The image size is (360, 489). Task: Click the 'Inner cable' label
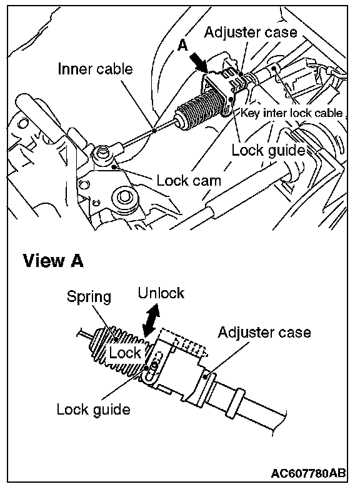click(x=95, y=69)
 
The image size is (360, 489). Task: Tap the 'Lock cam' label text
click(x=189, y=181)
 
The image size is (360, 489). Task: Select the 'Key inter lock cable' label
click(x=292, y=113)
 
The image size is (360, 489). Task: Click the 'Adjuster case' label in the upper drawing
click(x=251, y=33)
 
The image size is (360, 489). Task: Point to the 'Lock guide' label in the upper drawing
click(x=268, y=150)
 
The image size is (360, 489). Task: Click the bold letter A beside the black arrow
click(x=183, y=46)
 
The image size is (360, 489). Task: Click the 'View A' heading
click(x=53, y=261)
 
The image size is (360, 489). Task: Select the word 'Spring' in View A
click(x=89, y=297)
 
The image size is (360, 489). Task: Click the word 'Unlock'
click(x=161, y=293)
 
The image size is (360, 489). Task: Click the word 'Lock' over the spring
click(x=125, y=353)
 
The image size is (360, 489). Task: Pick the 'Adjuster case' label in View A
click(x=264, y=333)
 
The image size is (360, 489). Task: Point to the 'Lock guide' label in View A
click(x=94, y=410)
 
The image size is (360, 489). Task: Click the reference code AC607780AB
click(x=308, y=473)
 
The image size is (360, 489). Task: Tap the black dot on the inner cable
click(x=154, y=131)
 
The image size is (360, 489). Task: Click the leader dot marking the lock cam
click(x=115, y=167)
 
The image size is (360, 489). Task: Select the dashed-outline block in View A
click(x=182, y=343)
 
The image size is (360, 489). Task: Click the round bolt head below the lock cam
click(x=124, y=197)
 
